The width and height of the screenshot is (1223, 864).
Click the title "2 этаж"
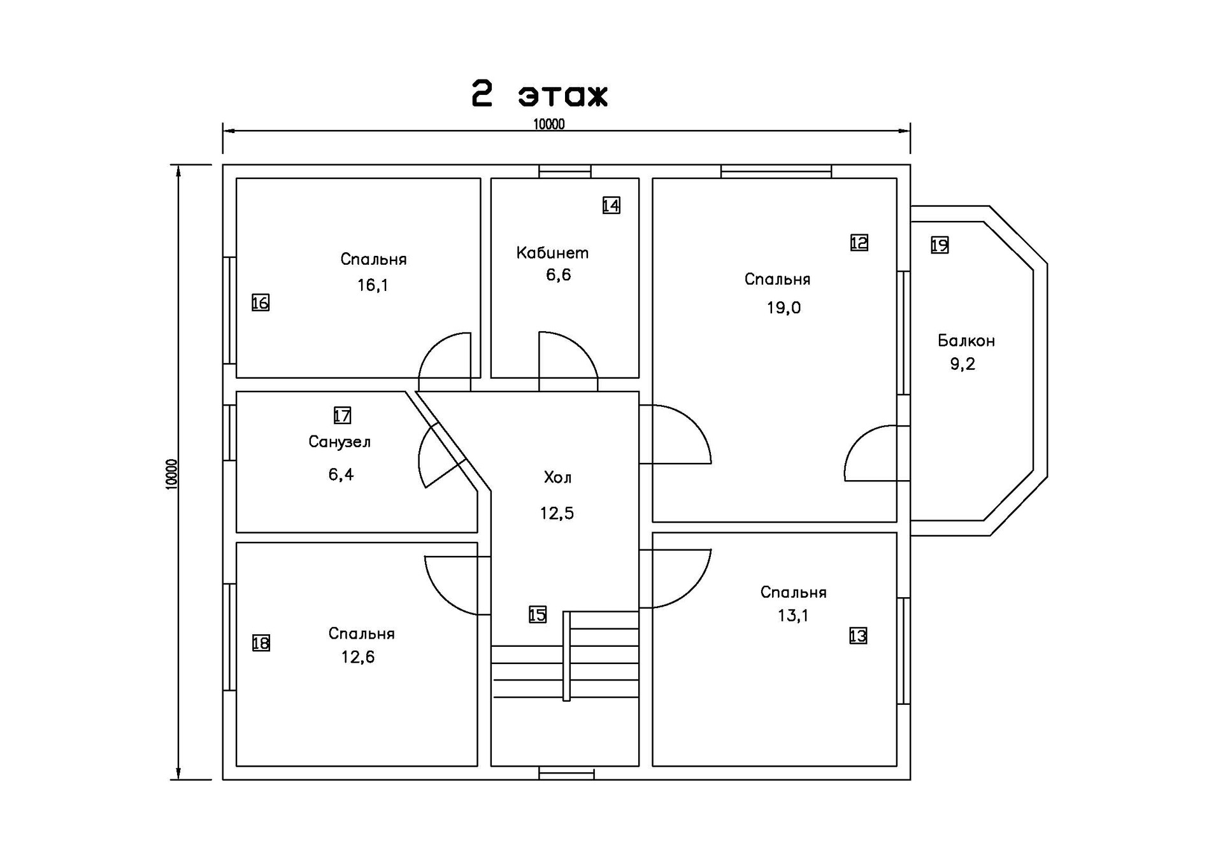tap(540, 95)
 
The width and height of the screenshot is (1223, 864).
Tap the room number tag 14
tap(611, 205)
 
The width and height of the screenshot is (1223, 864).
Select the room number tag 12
tap(859, 243)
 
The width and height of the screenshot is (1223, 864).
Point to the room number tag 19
tap(940, 245)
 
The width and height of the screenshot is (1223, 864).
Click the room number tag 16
tap(260, 302)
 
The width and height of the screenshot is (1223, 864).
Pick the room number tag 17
tap(342, 416)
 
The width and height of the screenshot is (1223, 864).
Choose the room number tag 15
tap(537, 614)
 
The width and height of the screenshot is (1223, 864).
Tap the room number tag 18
tap(261, 643)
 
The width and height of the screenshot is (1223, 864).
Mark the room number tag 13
tap(857, 635)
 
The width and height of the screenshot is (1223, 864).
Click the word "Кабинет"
tap(552, 253)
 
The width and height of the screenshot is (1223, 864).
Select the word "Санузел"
tap(340, 442)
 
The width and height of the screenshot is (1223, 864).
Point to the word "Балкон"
tap(966, 341)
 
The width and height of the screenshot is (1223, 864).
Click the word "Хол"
tap(557, 478)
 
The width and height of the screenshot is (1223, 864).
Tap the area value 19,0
tap(783, 308)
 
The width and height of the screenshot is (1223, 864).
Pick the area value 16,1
tap(373, 285)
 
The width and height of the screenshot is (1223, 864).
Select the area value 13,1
tap(793, 616)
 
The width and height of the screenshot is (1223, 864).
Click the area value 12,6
tap(358, 657)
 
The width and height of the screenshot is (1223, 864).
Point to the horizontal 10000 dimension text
tap(548, 124)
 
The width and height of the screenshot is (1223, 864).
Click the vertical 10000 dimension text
tap(171, 474)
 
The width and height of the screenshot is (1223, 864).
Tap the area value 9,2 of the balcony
tap(962, 364)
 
